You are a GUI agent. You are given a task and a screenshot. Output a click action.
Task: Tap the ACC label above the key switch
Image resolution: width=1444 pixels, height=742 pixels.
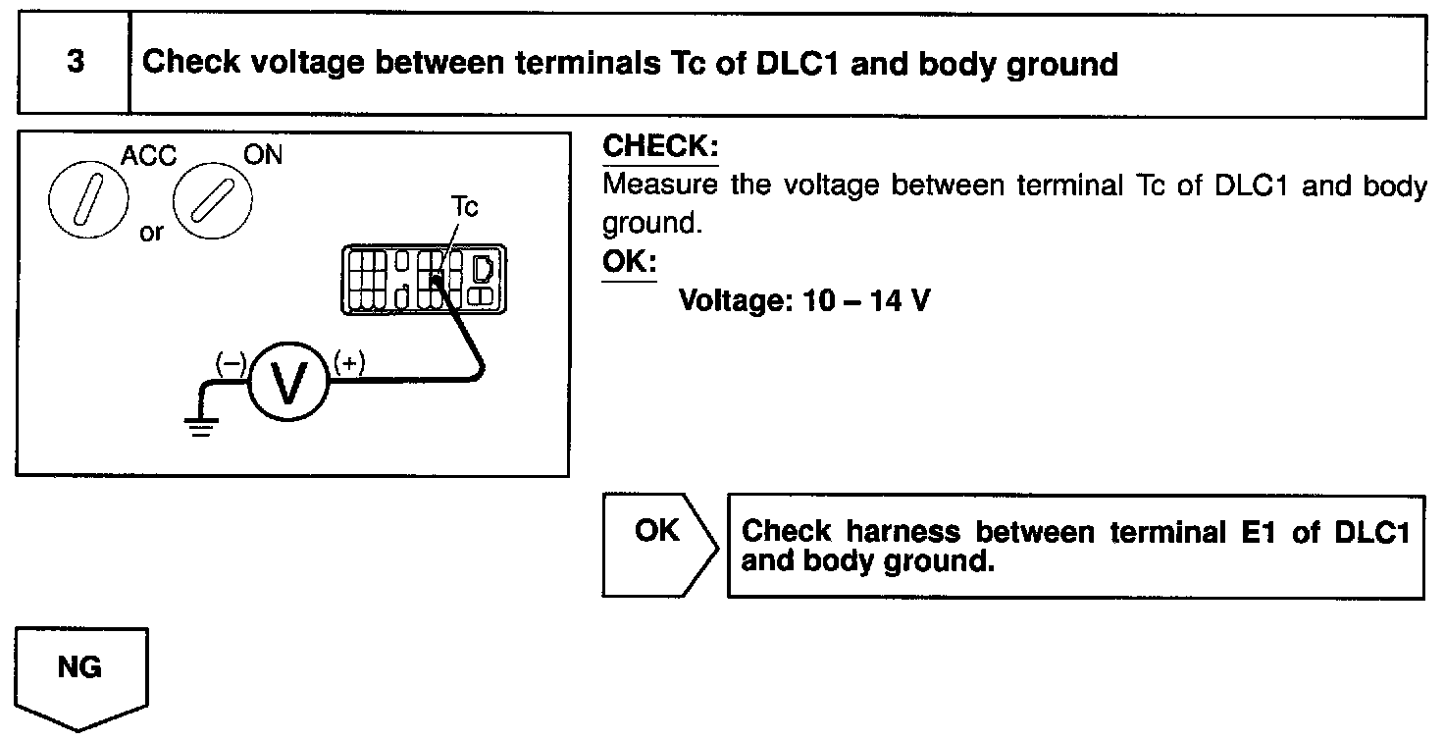tap(148, 156)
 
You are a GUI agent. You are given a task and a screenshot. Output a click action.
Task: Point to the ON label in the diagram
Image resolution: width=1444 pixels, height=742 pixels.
tap(262, 156)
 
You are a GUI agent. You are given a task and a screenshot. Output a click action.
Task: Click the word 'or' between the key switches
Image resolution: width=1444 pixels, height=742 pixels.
tap(151, 235)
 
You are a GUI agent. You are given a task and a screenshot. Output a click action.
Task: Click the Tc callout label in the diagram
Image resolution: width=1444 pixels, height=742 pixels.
tap(464, 208)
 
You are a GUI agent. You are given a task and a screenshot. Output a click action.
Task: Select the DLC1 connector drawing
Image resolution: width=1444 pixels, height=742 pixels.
tap(422, 281)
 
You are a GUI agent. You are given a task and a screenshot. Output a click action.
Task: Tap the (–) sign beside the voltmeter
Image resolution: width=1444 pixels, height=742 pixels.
tap(231, 363)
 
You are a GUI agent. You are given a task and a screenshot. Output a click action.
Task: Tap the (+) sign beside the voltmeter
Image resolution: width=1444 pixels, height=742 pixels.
tap(349, 363)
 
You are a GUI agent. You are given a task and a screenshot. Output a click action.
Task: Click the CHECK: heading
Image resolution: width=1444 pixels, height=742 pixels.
tap(660, 147)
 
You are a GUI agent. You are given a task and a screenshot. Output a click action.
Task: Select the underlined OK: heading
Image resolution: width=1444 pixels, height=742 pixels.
tap(629, 264)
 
